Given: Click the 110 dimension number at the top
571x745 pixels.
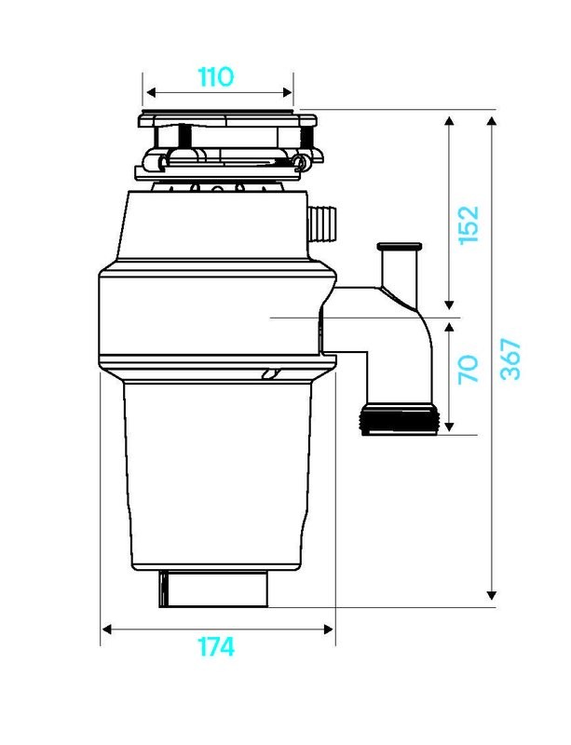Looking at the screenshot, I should click(x=215, y=76).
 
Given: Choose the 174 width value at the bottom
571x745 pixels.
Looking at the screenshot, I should click(x=215, y=646).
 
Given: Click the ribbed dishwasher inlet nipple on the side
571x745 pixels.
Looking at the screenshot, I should click(x=322, y=224).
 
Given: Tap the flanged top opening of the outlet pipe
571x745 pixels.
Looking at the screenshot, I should click(x=400, y=248).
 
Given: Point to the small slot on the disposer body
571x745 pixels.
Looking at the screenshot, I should click(x=270, y=374).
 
